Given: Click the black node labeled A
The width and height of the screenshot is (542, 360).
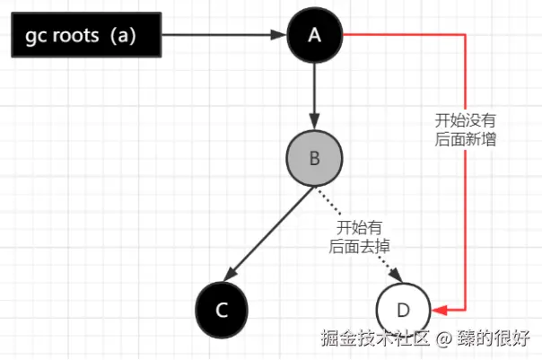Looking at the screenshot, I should tap(315, 35).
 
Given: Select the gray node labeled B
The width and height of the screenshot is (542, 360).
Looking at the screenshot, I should tap(315, 158).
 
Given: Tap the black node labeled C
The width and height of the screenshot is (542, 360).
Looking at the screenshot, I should tap(222, 310).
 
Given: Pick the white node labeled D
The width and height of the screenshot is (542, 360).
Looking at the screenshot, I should tap(403, 310).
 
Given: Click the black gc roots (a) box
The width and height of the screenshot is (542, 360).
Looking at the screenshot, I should tap(85, 35).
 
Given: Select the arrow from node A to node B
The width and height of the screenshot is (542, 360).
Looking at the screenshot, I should tap(315, 94).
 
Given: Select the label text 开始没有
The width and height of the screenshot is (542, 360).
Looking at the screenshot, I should tap(465, 120).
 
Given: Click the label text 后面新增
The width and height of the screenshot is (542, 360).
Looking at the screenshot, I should tap(465, 139).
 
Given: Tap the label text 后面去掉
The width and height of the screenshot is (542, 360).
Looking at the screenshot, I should tap(363, 244).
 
